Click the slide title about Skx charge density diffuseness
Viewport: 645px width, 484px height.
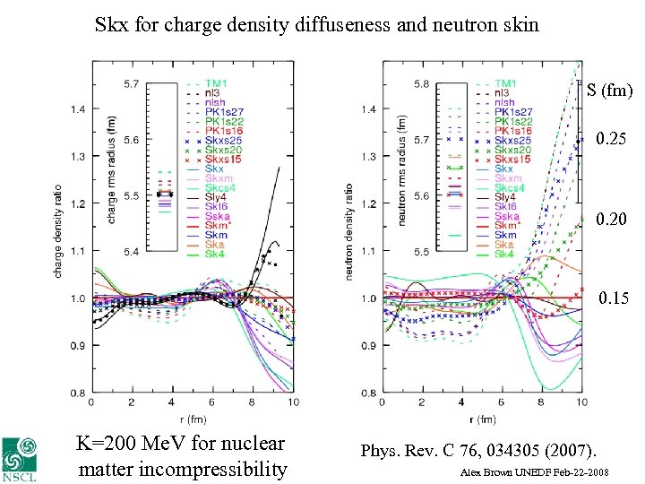pyautogui.click(x=317, y=24)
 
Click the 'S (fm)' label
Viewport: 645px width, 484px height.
pyautogui.click(x=610, y=90)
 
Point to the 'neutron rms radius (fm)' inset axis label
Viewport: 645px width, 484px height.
pyautogui.click(x=401, y=168)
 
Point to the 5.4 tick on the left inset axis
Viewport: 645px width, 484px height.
pyautogui.click(x=132, y=253)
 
